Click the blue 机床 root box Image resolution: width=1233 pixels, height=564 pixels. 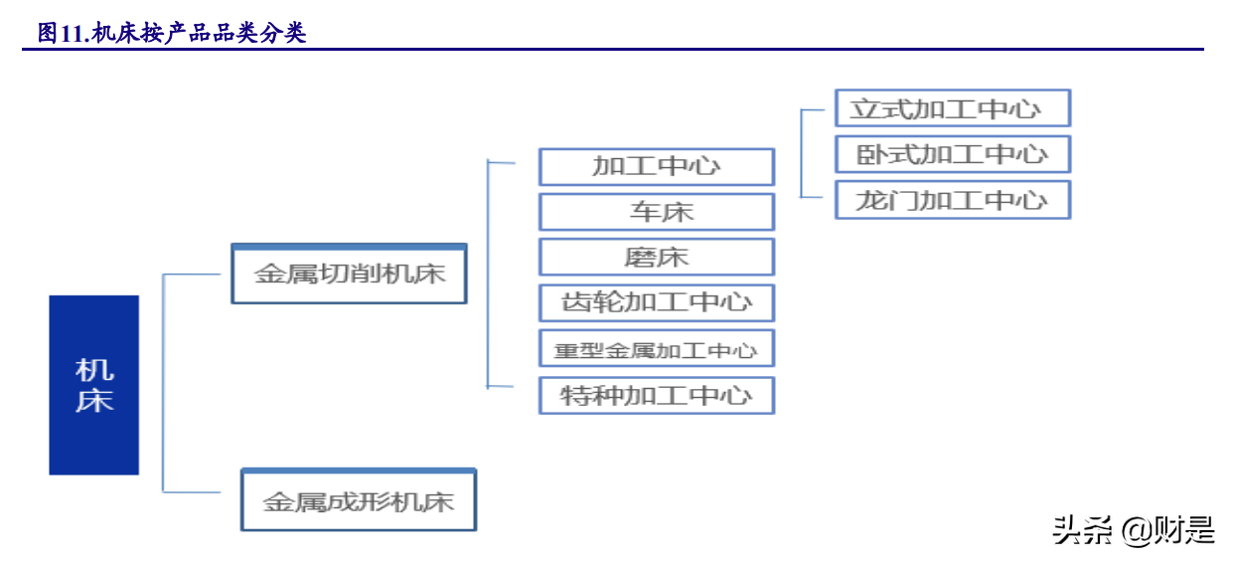point(94,384)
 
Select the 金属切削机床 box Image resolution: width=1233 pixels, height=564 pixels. point(349,274)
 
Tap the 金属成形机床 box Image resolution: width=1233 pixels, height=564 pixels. point(359,499)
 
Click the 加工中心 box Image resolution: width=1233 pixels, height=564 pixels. point(656,166)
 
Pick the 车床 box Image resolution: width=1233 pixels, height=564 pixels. point(656,212)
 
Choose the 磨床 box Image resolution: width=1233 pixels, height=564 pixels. point(656,257)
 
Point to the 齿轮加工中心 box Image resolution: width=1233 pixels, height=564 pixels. point(656,302)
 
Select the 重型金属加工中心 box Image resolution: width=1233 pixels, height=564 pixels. point(656,349)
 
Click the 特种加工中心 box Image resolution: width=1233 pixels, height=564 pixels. point(656,395)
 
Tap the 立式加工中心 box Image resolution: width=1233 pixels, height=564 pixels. point(952,108)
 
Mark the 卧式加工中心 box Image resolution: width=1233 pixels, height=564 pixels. point(952,154)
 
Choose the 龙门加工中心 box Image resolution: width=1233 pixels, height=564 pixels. point(952,200)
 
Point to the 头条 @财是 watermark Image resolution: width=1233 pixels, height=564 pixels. point(1134,530)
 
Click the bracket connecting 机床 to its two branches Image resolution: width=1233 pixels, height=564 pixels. point(164,383)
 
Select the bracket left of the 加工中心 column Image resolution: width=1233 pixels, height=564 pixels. point(488,274)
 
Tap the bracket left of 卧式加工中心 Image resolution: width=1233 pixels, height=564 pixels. point(801,154)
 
